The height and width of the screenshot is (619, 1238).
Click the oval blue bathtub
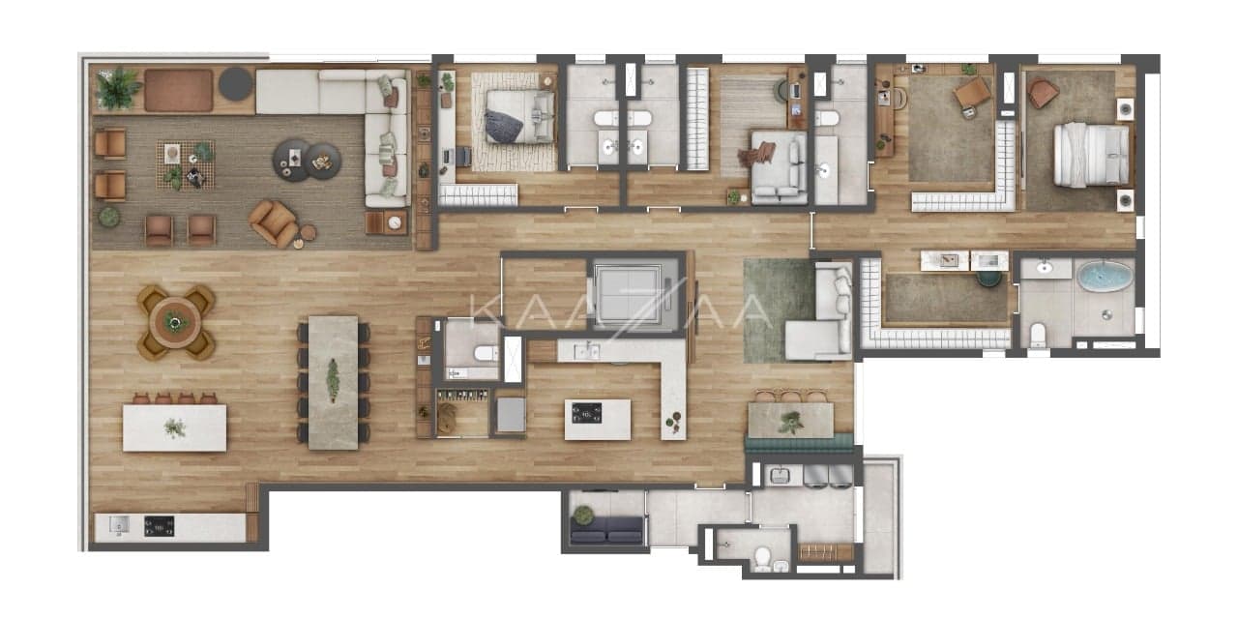click(x=1105, y=277)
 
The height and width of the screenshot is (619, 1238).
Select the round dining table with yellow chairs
click(x=176, y=322)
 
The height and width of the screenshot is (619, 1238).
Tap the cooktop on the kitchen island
click(x=586, y=413)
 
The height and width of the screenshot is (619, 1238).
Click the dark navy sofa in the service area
click(x=606, y=531)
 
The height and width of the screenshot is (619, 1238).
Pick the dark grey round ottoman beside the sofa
click(x=235, y=84)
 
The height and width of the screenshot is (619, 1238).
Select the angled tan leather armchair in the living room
click(x=274, y=222)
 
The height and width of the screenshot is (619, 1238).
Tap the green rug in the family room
click(x=780, y=310)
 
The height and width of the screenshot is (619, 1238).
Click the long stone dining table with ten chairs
click(x=334, y=382)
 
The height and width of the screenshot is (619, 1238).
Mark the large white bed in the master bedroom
click(x=1092, y=155)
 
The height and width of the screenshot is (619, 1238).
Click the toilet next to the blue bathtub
click(x=1038, y=335)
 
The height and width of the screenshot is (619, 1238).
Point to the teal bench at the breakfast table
click(x=799, y=444)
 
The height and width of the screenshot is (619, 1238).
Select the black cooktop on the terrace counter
click(x=160, y=526)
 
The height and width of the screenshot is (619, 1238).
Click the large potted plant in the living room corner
click(x=118, y=88)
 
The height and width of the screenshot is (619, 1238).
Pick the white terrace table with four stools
click(x=175, y=427)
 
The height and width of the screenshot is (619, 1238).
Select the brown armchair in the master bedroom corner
click(x=1043, y=92)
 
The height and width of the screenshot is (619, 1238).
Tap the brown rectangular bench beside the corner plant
click(x=179, y=91)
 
